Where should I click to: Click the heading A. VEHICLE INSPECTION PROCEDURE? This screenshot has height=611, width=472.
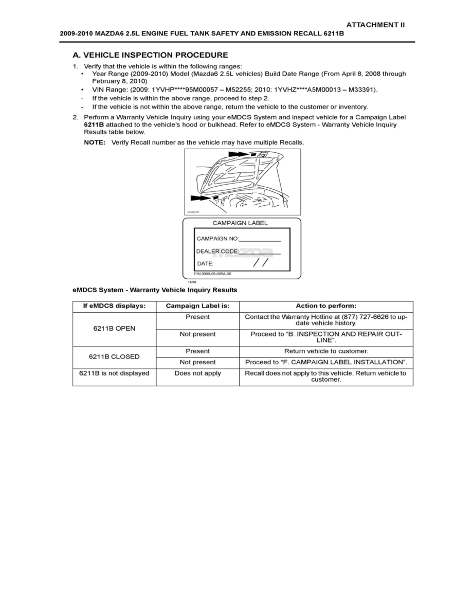(150, 55)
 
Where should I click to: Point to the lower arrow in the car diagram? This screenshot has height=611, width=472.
(201, 197)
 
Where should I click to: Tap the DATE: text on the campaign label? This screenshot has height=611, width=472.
(205, 264)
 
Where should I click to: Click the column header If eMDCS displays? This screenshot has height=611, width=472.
(114, 306)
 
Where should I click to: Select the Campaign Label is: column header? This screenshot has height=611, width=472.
(197, 306)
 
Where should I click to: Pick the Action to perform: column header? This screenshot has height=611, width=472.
(326, 306)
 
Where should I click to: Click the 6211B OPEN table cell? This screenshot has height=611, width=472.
(114, 329)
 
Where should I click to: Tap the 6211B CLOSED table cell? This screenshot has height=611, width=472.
(114, 356)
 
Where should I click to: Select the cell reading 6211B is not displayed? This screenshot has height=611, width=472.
(114, 373)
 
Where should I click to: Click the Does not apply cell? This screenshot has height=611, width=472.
(197, 373)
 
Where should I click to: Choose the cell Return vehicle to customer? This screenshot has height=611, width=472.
(326, 351)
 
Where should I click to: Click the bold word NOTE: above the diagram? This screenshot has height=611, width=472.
(95, 142)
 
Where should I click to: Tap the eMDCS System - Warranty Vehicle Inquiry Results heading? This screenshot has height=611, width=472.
(155, 290)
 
